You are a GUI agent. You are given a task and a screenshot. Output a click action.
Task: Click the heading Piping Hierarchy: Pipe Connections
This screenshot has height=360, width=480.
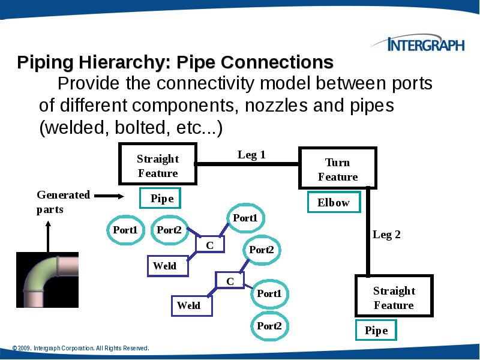coord(175,62)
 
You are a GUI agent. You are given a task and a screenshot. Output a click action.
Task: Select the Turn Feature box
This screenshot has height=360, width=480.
coord(338,169)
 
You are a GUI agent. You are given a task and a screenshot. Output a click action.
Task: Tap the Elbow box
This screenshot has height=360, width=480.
coord(334,203)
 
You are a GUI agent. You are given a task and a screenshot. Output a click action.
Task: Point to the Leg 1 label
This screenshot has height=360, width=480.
coord(251,155)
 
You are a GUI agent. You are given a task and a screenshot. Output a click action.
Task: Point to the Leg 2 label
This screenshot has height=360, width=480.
coord(386,235)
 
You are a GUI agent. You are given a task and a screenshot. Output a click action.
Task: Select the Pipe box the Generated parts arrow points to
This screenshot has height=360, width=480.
coord(161,199)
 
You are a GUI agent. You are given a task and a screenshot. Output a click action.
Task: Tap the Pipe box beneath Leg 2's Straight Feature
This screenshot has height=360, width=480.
coord(376,331)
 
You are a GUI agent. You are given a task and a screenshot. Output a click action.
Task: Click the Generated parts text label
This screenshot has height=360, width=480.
coord(63,202)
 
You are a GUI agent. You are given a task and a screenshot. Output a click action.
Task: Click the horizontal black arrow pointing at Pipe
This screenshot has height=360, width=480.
coord(109,196)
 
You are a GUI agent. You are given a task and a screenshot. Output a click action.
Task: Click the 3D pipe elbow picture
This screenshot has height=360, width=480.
coord(47,280)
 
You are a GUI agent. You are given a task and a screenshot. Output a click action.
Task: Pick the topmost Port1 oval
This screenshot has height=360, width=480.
coord(245,218)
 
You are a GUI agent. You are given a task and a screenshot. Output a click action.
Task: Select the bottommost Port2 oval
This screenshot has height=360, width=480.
coord(269,326)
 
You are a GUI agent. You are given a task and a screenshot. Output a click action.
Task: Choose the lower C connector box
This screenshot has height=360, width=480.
coord(229,281)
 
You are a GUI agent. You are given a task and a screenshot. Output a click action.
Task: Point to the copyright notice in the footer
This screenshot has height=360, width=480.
coord(80,348)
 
